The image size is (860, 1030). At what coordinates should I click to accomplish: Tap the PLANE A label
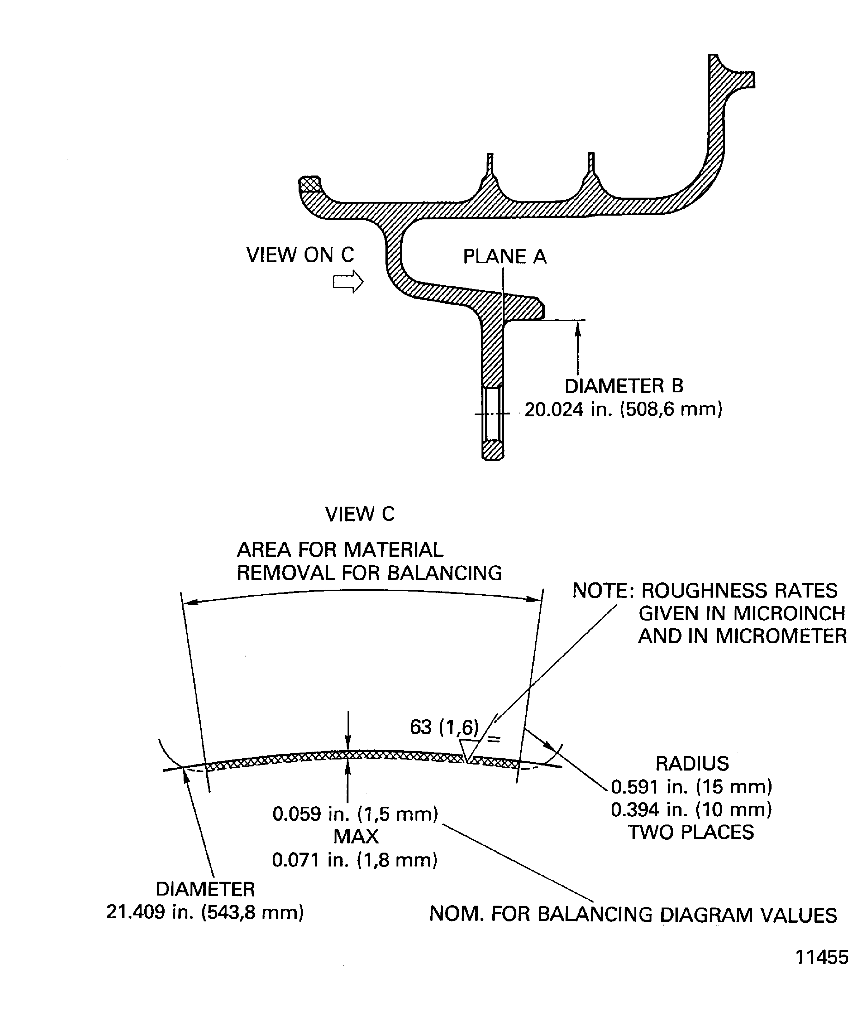pyautogui.click(x=505, y=257)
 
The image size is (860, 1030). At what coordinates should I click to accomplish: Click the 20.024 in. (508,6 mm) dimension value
pyautogui.click(x=623, y=409)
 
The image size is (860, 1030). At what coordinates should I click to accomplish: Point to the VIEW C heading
pyautogui.click(x=360, y=514)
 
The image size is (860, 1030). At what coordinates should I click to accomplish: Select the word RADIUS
pyautogui.click(x=692, y=764)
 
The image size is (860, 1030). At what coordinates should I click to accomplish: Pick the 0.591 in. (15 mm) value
pyautogui.click(x=692, y=787)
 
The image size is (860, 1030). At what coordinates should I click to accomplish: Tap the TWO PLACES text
pyautogui.click(x=691, y=832)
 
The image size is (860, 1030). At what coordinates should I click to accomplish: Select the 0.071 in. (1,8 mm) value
pyautogui.click(x=355, y=860)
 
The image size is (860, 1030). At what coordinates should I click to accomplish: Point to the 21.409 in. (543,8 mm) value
pyautogui.click(x=205, y=912)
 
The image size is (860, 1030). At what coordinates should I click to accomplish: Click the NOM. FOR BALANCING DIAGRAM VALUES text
pyautogui.click(x=633, y=915)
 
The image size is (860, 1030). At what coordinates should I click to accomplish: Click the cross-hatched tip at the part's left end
pyautogui.click(x=310, y=184)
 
